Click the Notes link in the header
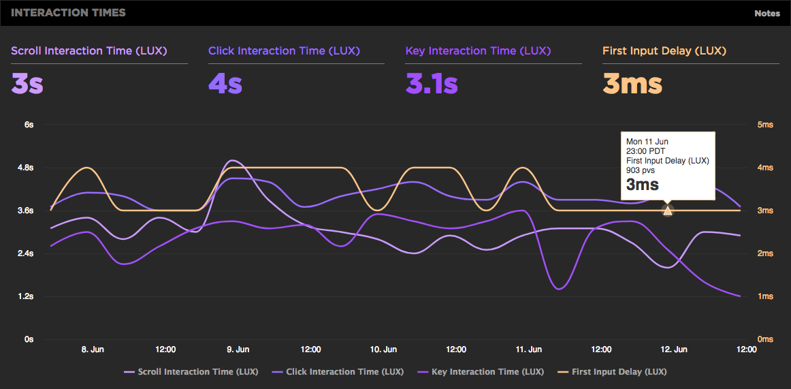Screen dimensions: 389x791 pos(767,13)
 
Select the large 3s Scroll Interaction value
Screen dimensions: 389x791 pos(27,84)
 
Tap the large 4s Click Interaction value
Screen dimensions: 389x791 pos(226,84)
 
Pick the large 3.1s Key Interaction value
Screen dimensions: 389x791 pos(432,84)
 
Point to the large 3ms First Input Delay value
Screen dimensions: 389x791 pos(632,84)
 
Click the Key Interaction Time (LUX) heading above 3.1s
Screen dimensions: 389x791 pos(478,51)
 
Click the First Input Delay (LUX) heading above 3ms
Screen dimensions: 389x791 pos(664,51)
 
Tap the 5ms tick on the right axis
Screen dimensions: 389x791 pos(765,125)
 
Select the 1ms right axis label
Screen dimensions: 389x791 pos(765,296)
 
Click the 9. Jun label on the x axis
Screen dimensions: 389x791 pos(238,349)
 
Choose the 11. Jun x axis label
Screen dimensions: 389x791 pos(529,349)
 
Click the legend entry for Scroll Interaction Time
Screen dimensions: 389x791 pos(192,372)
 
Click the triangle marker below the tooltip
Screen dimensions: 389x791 pos(667,210)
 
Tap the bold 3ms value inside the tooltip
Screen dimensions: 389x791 pos(643,184)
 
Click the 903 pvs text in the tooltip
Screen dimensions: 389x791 pos(641,170)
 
